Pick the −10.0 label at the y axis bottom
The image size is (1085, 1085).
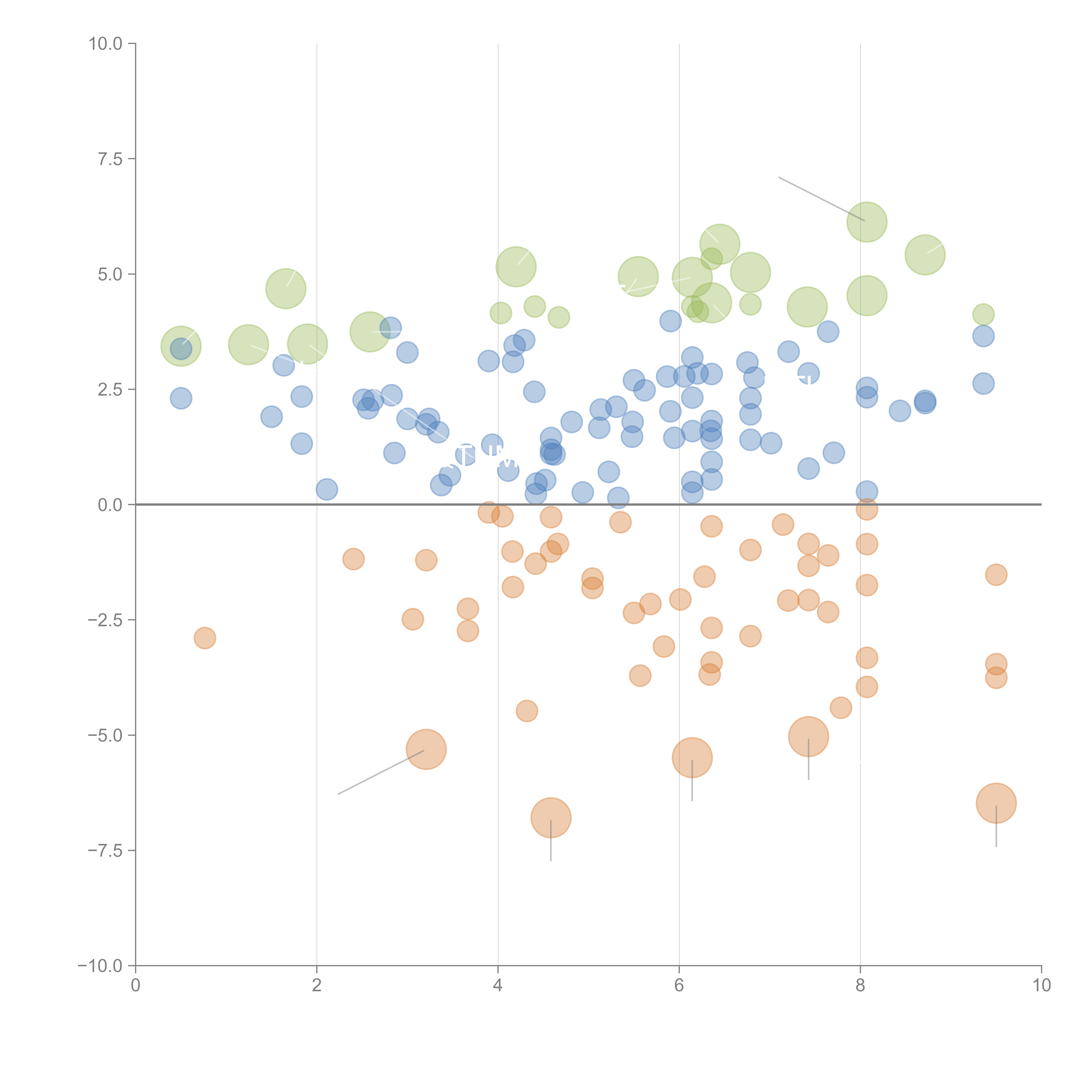[100, 966]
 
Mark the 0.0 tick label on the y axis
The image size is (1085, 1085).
[110, 505]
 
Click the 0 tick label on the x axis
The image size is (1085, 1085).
[135, 986]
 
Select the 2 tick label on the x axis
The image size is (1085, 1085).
[317, 986]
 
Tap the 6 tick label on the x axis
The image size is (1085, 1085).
[679, 986]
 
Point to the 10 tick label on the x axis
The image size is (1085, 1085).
[1041, 986]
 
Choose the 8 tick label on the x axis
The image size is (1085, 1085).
[860, 986]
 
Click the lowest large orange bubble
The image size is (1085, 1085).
[551, 818]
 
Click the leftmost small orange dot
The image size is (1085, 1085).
[205, 638]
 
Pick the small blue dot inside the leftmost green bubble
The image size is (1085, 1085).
[181, 349]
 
